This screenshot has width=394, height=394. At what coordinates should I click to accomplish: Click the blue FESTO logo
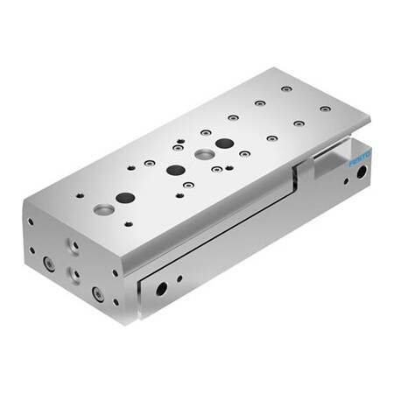point(360,158)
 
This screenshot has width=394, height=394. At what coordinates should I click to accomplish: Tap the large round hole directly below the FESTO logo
point(361,172)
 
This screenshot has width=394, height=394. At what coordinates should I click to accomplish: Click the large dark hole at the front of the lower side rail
point(161,287)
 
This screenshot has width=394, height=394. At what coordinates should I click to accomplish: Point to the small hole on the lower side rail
point(179,279)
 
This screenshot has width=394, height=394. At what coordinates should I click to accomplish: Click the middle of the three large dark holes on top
point(175,170)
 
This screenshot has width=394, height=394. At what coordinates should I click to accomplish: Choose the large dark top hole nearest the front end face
point(125,198)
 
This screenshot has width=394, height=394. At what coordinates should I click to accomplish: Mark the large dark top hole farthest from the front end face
point(224,143)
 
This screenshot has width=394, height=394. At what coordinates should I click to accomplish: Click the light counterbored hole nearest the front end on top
point(103,209)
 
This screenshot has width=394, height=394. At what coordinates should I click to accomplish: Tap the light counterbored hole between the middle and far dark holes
point(203,155)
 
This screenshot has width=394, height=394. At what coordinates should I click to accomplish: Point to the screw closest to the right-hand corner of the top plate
point(325,109)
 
